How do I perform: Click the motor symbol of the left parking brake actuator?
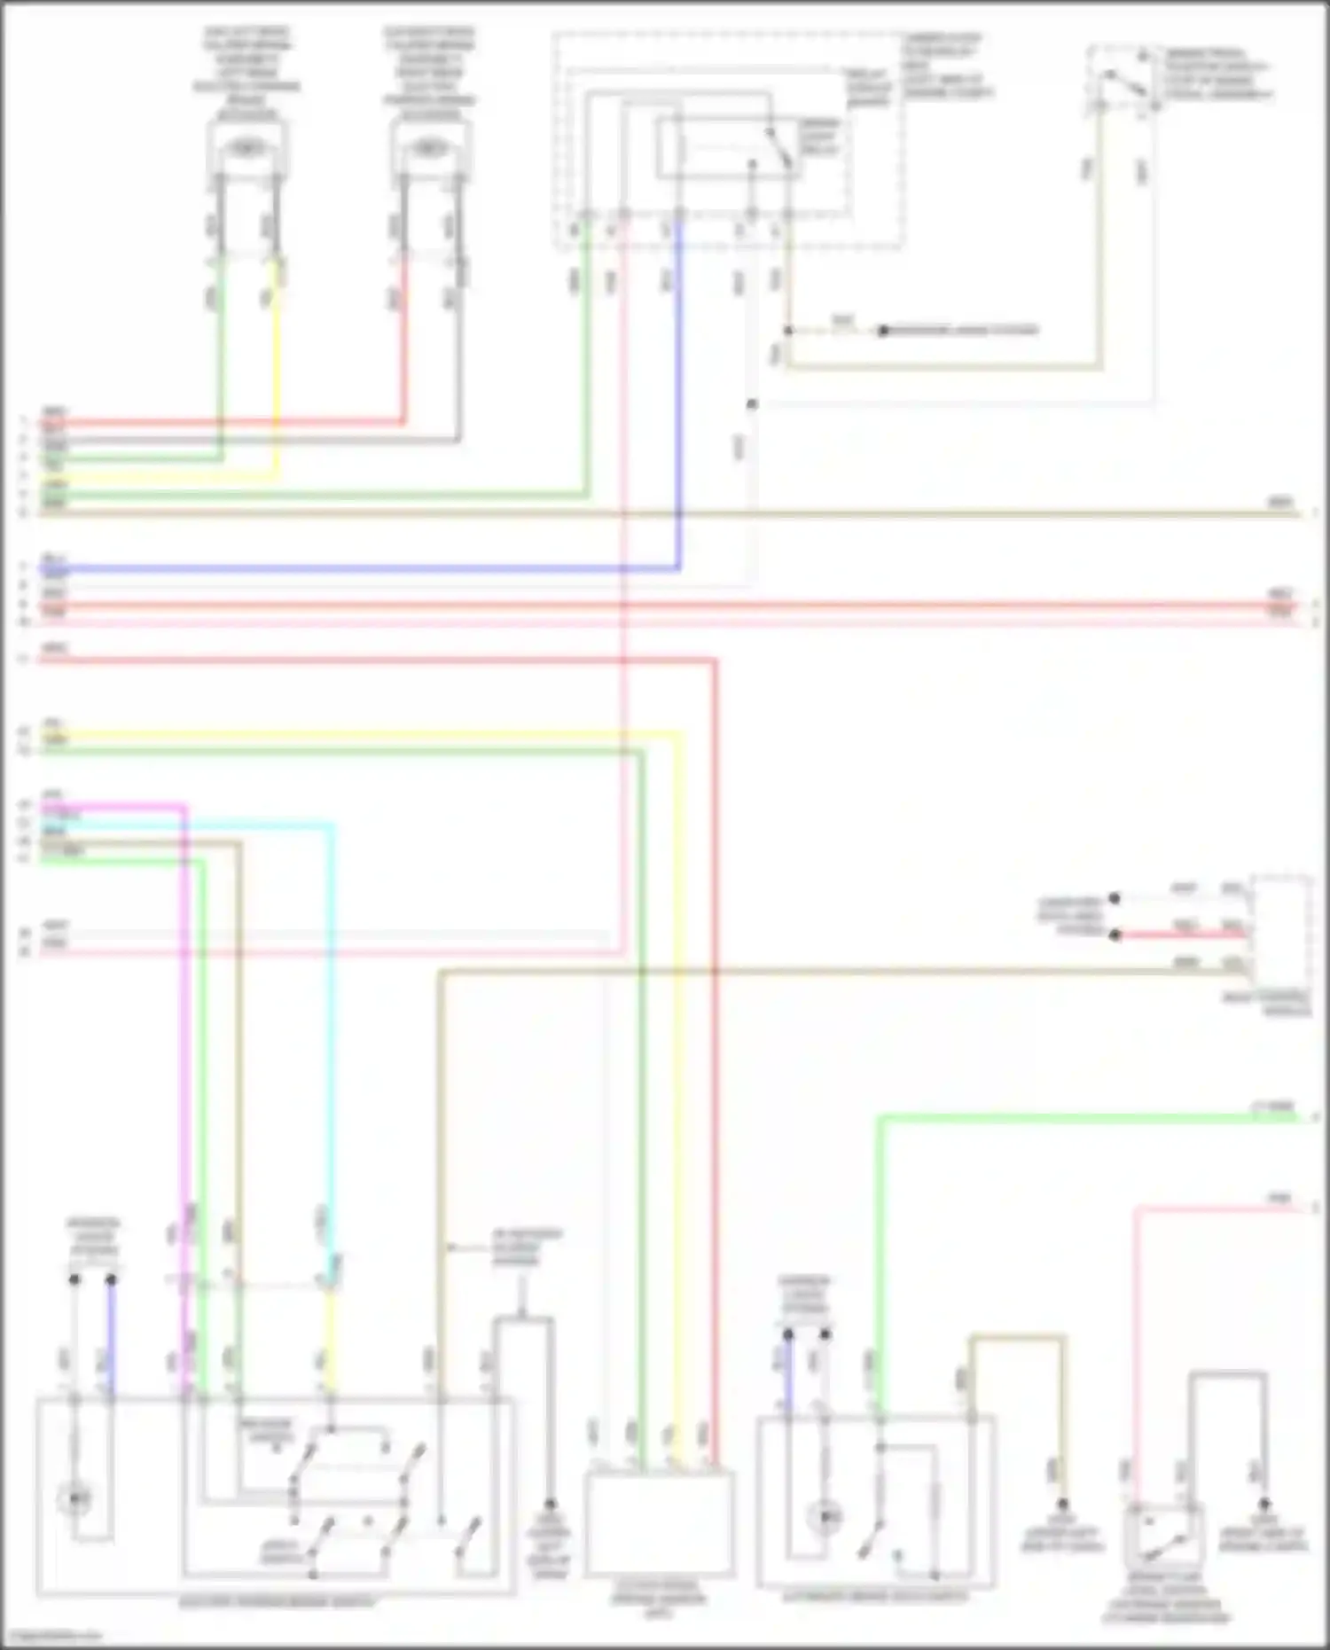(246, 148)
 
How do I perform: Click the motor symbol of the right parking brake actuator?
(430, 148)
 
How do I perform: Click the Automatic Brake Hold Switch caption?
(873, 1597)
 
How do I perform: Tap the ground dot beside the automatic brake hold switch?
(1061, 1505)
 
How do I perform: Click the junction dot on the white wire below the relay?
(752, 404)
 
